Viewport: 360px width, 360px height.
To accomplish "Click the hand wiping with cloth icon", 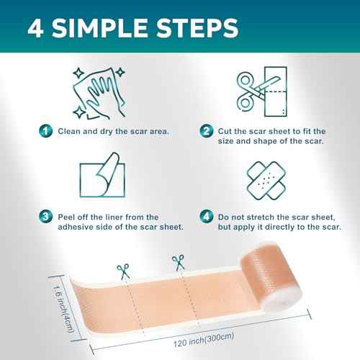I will (97, 90).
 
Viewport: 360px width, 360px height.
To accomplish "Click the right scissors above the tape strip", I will (175, 264).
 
